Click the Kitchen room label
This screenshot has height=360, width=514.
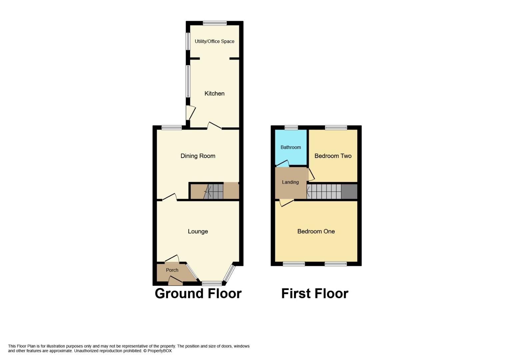pyautogui.click(x=214, y=93)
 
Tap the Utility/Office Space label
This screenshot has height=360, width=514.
pyautogui.click(x=214, y=41)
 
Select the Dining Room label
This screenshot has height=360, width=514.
pyautogui.click(x=198, y=156)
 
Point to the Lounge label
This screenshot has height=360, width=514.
pyautogui.click(x=198, y=231)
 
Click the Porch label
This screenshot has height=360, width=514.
pyautogui.click(x=172, y=270)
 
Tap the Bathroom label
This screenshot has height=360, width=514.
pyautogui.click(x=291, y=147)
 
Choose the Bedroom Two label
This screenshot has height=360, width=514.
pyautogui.click(x=333, y=156)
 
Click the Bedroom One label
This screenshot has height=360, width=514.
pyautogui.click(x=316, y=231)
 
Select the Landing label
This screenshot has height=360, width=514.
pyautogui.click(x=290, y=182)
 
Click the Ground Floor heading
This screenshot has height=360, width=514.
pyautogui.click(x=198, y=293)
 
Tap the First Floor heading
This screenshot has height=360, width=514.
pyautogui.click(x=315, y=293)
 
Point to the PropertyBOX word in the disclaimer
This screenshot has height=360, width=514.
pyautogui.click(x=159, y=351)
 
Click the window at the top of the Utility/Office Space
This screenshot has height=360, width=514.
pyautogui.click(x=215, y=23)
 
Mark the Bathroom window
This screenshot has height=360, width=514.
pyautogui.click(x=291, y=127)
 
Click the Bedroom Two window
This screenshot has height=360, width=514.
pyautogui.click(x=336, y=127)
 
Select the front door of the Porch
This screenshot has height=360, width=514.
pyautogui.click(x=176, y=281)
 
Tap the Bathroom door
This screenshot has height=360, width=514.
pyautogui.click(x=283, y=163)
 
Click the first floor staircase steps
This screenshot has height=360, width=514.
pyautogui.click(x=324, y=192)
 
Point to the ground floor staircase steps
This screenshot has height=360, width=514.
pyautogui.click(x=213, y=192)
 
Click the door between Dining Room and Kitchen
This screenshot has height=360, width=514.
pyautogui.click(x=215, y=126)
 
